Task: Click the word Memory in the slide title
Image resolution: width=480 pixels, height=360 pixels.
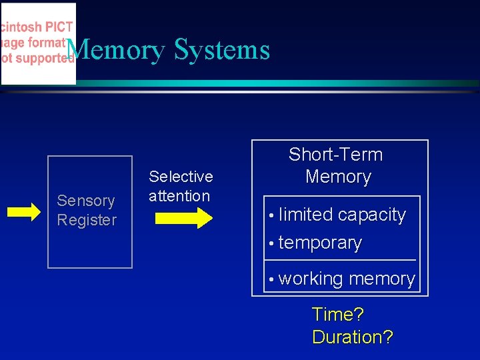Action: point(117,51)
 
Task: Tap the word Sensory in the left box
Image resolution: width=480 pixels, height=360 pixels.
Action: point(86,201)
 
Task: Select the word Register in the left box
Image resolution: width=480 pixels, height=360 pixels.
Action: point(87,220)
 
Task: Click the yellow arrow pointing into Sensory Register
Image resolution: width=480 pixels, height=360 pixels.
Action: point(25,212)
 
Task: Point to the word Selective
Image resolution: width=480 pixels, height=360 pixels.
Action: point(181,177)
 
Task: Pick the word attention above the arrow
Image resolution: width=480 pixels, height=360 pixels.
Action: point(179,196)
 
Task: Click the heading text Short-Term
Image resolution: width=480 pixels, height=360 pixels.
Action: point(335,155)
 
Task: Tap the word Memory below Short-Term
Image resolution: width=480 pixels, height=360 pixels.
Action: point(338,177)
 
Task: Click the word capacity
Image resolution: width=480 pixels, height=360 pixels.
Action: point(372,215)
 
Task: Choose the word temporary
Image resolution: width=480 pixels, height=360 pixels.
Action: point(320,243)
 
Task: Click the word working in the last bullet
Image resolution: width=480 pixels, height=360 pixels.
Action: point(311,279)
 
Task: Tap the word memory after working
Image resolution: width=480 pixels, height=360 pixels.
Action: point(382,279)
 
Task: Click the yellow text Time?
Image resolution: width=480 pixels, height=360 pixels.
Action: point(338,315)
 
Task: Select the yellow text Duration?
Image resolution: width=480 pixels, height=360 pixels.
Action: point(352,337)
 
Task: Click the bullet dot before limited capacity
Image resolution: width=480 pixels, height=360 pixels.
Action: point(271,216)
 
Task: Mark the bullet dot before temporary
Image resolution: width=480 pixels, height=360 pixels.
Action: point(271,244)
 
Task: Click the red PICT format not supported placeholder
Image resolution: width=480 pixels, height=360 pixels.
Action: point(38,43)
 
